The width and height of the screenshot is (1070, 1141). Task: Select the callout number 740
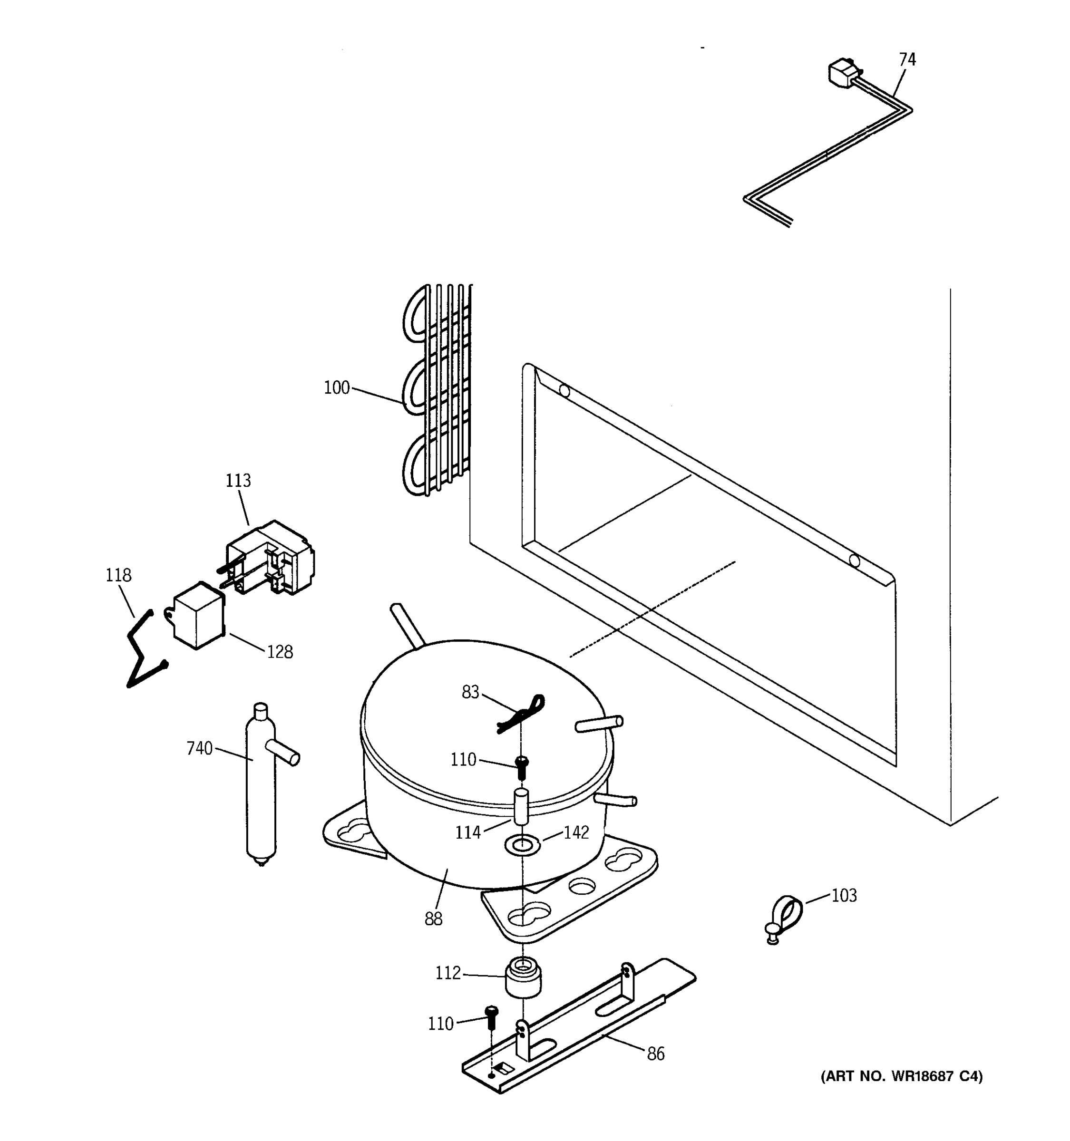199,748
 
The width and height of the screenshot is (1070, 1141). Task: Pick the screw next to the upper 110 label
522,767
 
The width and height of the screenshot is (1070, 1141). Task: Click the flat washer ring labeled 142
522,845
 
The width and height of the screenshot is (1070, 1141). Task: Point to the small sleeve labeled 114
521,806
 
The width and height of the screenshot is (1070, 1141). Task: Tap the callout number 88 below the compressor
433,919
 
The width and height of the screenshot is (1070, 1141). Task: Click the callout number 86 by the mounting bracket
655,1054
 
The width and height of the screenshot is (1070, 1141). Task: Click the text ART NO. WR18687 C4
901,1076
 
